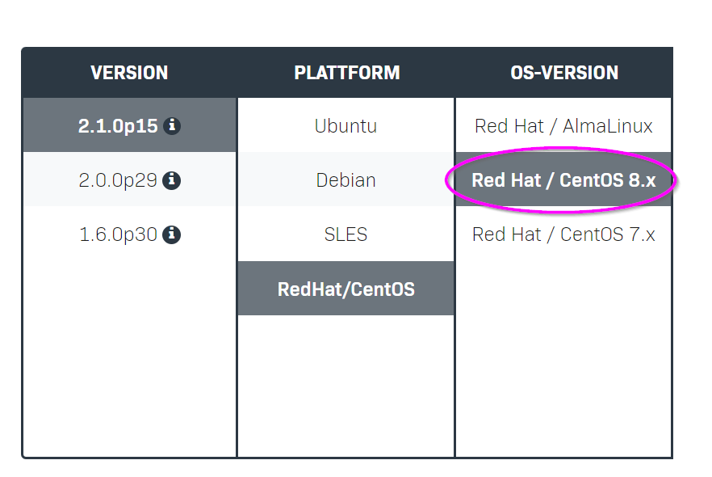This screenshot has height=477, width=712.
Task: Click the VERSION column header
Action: point(129,73)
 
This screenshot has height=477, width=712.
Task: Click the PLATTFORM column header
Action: point(347,73)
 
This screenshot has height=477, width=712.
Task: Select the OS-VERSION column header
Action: point(564,73)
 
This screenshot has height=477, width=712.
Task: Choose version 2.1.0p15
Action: point(118,126)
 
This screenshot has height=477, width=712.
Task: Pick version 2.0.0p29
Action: point(118,180)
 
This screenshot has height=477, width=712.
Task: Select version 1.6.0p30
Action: point(118,234)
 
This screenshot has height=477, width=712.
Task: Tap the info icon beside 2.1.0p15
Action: point(172,125)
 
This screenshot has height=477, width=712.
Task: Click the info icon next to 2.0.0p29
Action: point(172,180)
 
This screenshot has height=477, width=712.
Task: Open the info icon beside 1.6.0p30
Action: point(172,234)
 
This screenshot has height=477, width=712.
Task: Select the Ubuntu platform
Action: point(346,126)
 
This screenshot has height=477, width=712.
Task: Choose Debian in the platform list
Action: point(346,180)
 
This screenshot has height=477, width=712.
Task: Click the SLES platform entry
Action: point(346,234)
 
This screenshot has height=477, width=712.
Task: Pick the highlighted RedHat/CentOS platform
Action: point(346,289)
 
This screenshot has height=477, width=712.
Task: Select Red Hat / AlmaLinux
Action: point(563,126)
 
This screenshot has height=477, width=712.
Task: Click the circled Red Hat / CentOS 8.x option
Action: point(563,180)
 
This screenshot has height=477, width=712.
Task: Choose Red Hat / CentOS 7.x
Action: point(563,234)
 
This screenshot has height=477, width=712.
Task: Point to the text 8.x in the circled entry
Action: point(642,180)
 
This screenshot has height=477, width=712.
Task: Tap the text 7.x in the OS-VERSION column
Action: point(642,234)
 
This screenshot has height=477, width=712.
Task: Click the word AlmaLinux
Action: point(608,126)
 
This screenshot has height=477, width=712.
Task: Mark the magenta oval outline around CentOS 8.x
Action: point(561,149)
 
